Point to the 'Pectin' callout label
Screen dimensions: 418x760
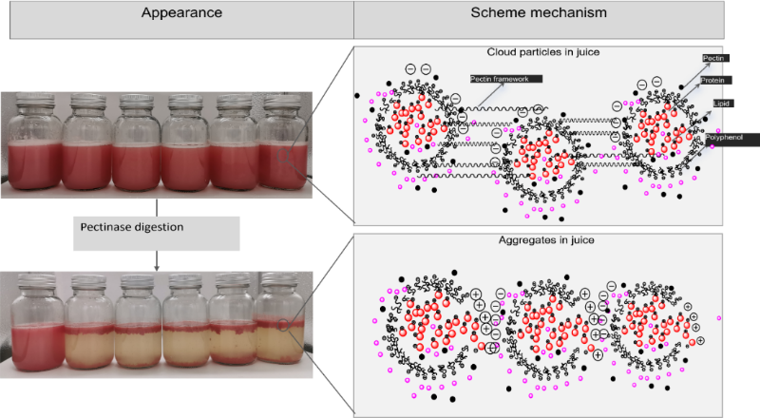click(713, 59)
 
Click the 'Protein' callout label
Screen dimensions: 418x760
click(713, 81)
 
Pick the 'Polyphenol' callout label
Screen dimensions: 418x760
click(724, 139)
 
